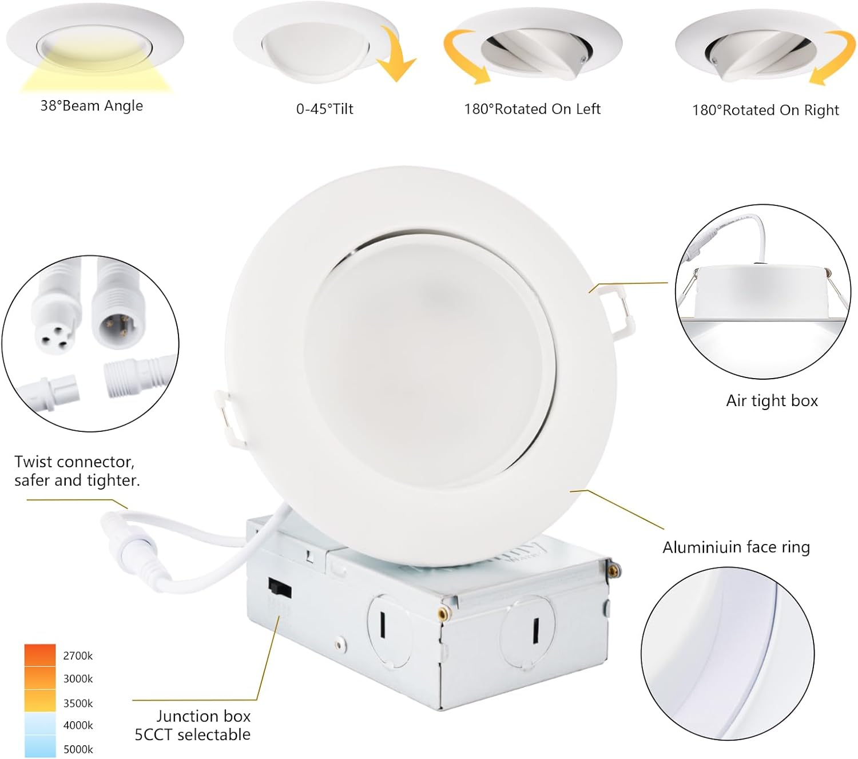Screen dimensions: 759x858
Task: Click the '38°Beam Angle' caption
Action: click(92, 106)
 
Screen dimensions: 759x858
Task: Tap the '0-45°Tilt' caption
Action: click(324, 109)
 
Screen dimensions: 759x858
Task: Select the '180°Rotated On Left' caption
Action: click(532, 109)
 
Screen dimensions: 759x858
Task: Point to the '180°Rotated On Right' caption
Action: click(765, 110)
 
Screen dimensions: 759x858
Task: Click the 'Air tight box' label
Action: click(772, 400)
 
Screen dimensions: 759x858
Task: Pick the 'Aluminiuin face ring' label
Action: click(736, 547)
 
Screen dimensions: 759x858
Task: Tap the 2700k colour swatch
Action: click(40, 655)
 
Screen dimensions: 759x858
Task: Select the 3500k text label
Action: click(78, 703)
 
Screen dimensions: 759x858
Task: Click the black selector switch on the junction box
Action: click(280, 589)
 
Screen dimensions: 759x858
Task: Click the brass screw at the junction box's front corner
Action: click(442, 614)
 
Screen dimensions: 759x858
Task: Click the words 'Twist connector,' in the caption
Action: click(74, 462)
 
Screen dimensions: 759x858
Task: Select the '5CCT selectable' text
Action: click(192, 734)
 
